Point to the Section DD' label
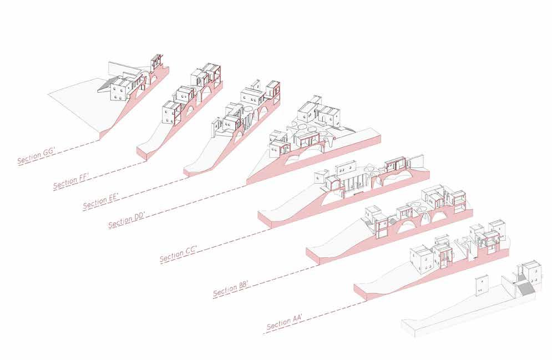pyautogui.click(x=127, y=221)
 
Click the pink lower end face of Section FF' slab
pyautogui.click(x=142, y=153)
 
